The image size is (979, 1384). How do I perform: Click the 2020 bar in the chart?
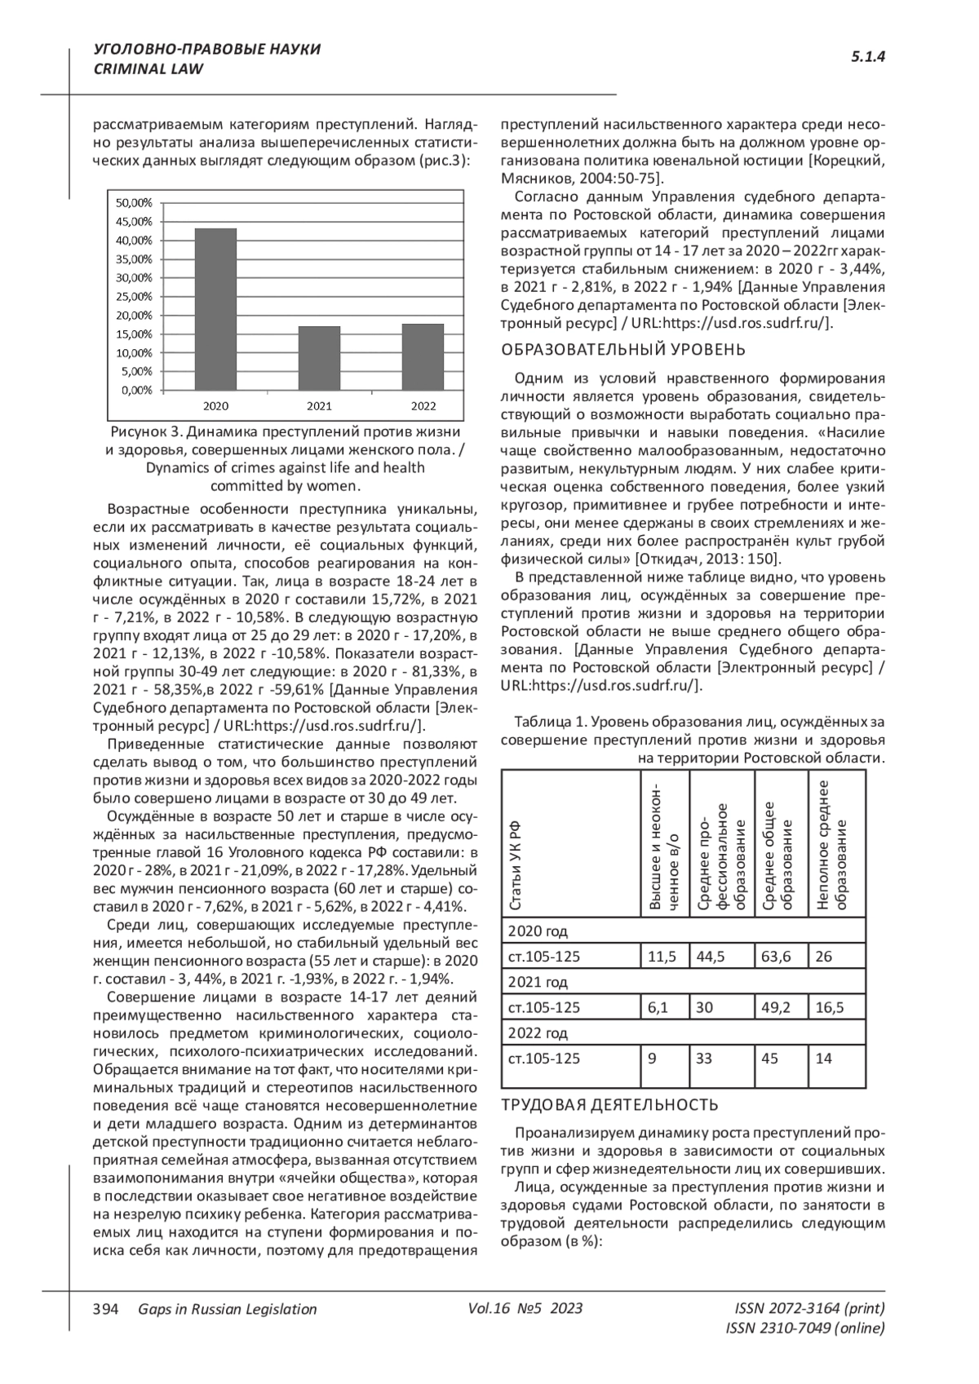coord(215,309)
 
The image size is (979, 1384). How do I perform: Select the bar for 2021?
coord(319,358)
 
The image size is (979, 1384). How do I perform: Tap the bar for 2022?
coord(423,357)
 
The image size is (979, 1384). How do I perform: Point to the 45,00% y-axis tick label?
coord(134,221)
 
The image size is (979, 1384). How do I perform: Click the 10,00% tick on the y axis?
coord(134,352)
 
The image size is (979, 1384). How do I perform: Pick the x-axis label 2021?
coord(319,405)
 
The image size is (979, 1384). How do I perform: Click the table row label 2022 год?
coord(538,1032)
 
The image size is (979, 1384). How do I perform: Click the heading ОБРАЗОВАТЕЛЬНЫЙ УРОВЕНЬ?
coord(622,350)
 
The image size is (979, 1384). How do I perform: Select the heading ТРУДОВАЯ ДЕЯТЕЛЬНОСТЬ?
coord(609,1105)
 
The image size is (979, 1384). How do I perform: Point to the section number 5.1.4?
coord(868,56)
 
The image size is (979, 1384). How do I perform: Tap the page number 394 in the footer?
coord(106,1309)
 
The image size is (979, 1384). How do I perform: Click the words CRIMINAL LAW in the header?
coord(149,69)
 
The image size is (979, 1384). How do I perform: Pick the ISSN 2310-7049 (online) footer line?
coord(804,1329)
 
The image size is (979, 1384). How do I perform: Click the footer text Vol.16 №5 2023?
coord(525,1309)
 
